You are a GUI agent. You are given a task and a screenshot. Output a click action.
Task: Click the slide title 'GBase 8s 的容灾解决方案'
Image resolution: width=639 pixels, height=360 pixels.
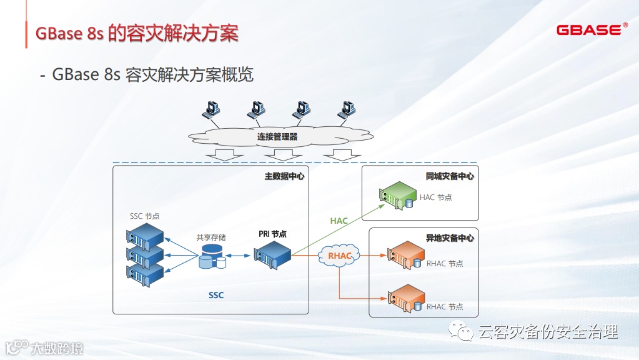coord(137,32)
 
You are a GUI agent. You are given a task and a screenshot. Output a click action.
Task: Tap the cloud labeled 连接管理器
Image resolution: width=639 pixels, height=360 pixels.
coord(277,136)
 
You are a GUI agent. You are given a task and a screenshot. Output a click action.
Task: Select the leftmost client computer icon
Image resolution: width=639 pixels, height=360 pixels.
coord(211,110)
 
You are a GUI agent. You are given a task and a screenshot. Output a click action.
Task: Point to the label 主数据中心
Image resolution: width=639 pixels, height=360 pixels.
coord(284,176)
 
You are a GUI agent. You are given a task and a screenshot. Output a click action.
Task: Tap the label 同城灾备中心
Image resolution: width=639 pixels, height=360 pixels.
coord(450,176)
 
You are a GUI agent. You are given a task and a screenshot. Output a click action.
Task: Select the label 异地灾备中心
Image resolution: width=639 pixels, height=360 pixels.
coord(450,238)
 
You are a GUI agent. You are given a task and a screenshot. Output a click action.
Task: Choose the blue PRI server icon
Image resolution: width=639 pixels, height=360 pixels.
coord(272,255)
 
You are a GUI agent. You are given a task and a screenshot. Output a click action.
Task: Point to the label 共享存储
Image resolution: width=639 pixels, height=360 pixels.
coord(211,237)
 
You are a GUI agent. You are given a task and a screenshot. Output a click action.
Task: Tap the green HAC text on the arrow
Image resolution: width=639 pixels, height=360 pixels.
coord(339,221)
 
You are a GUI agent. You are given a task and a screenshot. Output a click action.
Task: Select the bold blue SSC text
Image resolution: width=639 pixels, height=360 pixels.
coord(216,295)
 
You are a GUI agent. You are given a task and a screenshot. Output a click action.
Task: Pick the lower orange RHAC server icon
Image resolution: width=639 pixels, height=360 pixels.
coord(405,297)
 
